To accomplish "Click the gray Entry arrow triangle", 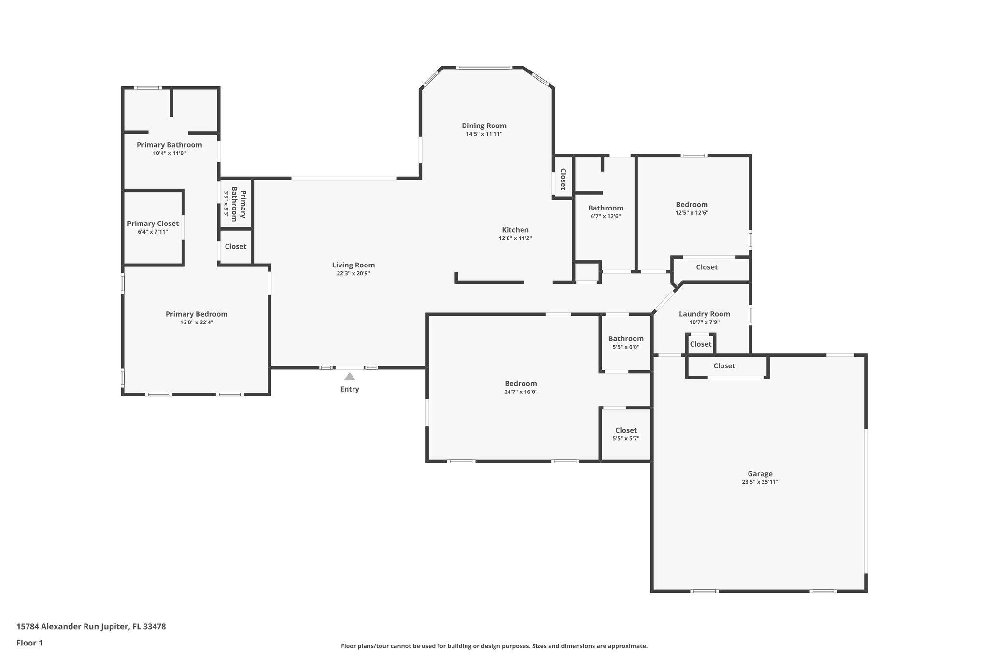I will point(350,377).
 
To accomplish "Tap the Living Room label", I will point(353,265).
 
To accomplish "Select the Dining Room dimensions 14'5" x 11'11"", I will point(484,134).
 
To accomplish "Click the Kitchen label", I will point(515,230).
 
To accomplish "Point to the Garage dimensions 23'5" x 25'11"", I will point(760,482).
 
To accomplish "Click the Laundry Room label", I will point(704,314).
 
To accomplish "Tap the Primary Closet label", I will point(153,224).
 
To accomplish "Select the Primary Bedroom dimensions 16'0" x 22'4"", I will point(196,322).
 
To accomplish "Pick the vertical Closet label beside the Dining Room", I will point(563,179).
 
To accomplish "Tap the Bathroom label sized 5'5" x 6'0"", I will point(625,338).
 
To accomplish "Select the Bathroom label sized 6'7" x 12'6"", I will point(605,208).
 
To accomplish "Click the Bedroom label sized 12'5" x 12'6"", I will point(692,204).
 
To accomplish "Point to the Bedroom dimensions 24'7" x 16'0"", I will point(521,392).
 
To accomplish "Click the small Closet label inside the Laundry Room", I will point(700,344).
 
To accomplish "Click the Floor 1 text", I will point(29,643).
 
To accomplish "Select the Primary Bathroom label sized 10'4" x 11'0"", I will point(169,145).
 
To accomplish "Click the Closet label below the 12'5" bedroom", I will point(706,267).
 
